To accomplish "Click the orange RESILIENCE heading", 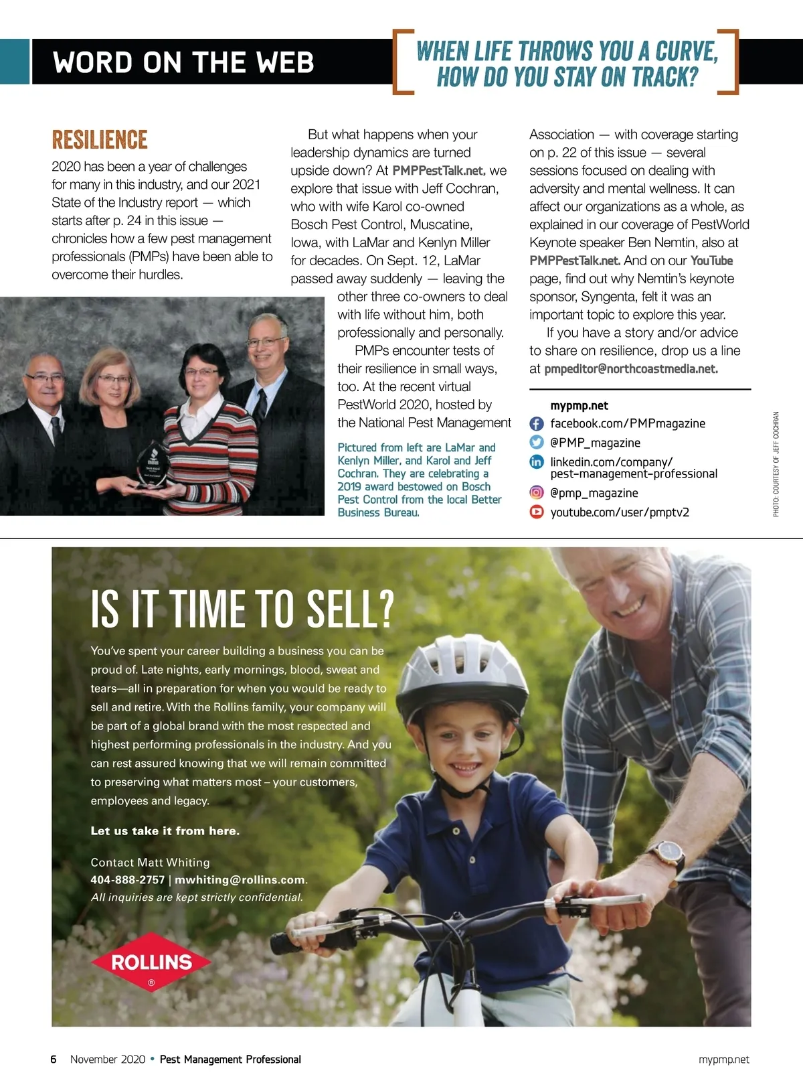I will coord(100,140).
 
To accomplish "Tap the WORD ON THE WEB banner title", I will coord(183,62).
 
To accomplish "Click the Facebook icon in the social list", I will coord(536,424).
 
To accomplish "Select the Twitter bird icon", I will coord(536,442).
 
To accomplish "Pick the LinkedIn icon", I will coord(536,462).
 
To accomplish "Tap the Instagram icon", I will coord(536,493).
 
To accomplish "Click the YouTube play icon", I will coord(536,512).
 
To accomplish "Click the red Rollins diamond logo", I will coord(151,963).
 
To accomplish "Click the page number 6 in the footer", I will coord(54,1060).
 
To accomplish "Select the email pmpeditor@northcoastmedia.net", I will coord(630,369).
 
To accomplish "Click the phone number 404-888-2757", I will coord(127,880).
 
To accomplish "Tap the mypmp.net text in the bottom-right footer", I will coord(723,1060).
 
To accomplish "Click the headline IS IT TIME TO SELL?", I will coord(242,609).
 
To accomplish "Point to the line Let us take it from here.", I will coord(165,831).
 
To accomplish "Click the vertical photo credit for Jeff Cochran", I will coord(776,463).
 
